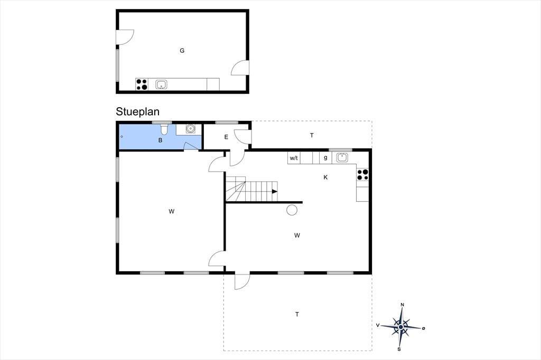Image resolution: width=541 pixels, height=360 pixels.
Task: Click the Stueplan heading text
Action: [x=137, y=112]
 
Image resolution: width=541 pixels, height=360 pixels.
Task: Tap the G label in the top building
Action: [x=182, y=51]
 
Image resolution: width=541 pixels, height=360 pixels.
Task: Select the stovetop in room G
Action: [x=142, y=84]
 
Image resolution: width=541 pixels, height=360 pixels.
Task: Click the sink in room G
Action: [x=161, y=84]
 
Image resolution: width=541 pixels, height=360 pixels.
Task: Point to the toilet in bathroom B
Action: [x=164, y=129]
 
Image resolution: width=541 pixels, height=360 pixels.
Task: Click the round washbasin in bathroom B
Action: [x=190, y=129]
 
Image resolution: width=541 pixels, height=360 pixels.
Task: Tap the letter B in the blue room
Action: [x=160, y=140]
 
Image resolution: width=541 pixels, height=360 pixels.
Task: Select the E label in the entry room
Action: [x=226, y=137]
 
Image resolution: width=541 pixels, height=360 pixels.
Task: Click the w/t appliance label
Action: [x=294, y=158]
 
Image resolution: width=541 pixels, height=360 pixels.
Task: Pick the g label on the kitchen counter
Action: [x=325, y=158]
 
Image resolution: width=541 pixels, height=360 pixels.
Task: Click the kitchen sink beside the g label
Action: [x=342, y=158]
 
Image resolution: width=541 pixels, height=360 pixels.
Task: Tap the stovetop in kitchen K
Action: [x=362, y=175]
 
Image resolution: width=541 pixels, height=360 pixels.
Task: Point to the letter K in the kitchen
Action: [x=325, y=177]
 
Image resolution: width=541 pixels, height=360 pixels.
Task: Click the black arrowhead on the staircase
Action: [x=275, y=192]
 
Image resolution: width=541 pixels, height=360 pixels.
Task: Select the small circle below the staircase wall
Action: [x=292, y=210]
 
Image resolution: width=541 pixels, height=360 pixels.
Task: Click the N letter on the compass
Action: [x=402, y=305]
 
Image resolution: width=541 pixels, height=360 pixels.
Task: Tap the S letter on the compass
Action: [x=399, y=349]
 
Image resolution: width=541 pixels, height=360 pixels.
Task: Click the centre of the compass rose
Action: [x=401, y=327]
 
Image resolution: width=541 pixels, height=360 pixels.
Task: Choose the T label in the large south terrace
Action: [x=297, y=315]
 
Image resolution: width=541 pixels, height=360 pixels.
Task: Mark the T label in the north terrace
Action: [x=312, y=136]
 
